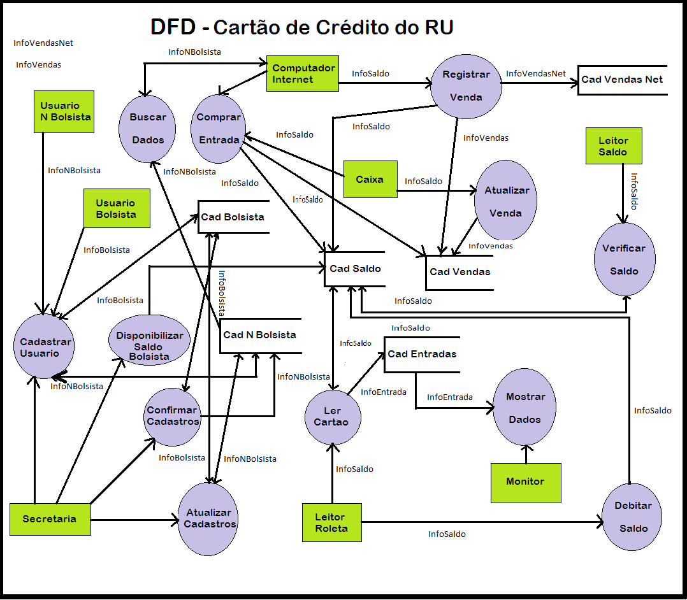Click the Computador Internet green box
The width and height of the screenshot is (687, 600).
tap(302, 73)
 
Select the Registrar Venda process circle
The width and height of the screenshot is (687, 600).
tap(466, 86)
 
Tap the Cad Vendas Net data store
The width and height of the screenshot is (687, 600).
tap(621, 80)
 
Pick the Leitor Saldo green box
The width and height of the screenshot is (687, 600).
tap(613, 146)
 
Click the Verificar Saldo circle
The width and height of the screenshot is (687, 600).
tap(624, 259)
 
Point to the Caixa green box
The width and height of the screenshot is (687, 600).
tap(370, 179)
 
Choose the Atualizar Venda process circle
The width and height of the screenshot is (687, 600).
tap(505, 201)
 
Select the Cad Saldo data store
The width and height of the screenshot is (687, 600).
tap(355, 268)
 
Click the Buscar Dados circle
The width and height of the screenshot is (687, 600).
tap(147, 129)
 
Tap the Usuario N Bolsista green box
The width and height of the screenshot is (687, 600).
tap(64, 111)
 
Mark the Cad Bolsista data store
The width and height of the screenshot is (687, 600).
tap(233, 217)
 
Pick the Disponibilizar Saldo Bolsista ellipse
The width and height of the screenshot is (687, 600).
tap(149, 346)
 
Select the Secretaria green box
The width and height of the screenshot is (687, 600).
tap(49, 519)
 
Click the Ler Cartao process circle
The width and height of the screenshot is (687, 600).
tap(332, 417)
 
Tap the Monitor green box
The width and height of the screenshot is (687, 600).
tap(525, 482)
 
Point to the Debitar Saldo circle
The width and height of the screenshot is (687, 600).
tap(632, 517)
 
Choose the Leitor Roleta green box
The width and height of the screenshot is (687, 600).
tap(331, 523)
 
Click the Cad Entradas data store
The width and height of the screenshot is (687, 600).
tap(421, 354)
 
